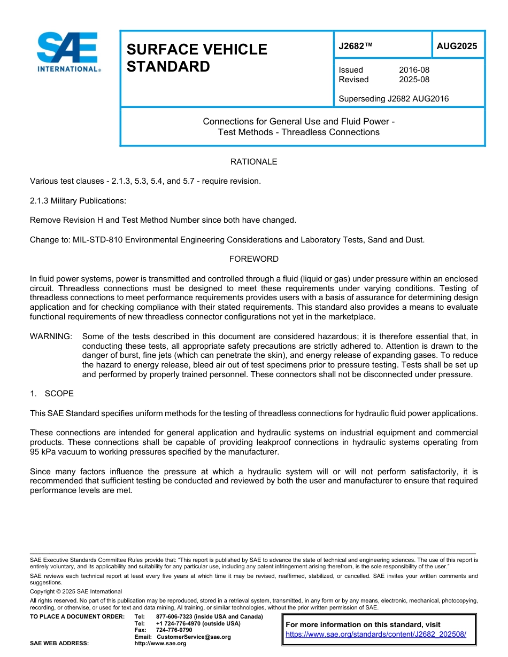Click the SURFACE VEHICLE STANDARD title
[x=196, y=58]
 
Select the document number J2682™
[x=355, y=46]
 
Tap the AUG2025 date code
[x=457, y=46]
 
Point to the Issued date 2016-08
[x=414, y=70]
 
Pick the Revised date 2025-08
[x=414, y=80]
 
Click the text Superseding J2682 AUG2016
[x=394, y=98]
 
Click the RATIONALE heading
[x=253, y=161]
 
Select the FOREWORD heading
[x=253, y=259]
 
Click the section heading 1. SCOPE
[x=52, y=394]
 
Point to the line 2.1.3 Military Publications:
[x=78, y=200]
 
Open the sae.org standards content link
[x=376, y=634]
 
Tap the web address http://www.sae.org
[x=160, y=643]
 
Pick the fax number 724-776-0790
[x=174, y=630]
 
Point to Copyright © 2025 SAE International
[x=76, y=591]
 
